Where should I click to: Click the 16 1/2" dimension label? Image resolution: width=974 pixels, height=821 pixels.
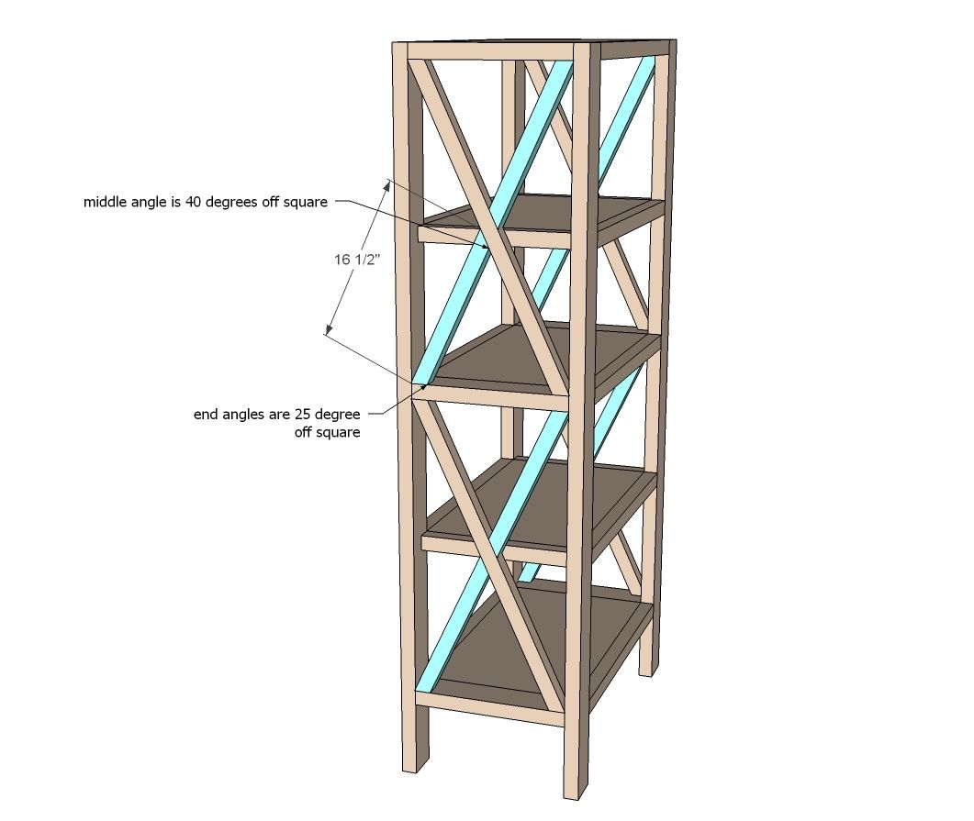click(356, 260)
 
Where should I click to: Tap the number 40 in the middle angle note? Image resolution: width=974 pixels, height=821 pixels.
click(194, 202)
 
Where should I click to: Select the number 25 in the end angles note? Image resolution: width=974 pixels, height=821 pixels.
click(303, 414)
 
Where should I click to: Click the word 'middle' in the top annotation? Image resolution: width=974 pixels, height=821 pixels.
click(105, 202)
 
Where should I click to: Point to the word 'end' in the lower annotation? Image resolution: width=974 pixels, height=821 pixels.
click(205, 414)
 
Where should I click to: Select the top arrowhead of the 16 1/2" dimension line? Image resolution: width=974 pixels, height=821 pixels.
click(387, 184)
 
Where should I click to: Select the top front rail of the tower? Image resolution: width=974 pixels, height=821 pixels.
click(491, 51)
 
